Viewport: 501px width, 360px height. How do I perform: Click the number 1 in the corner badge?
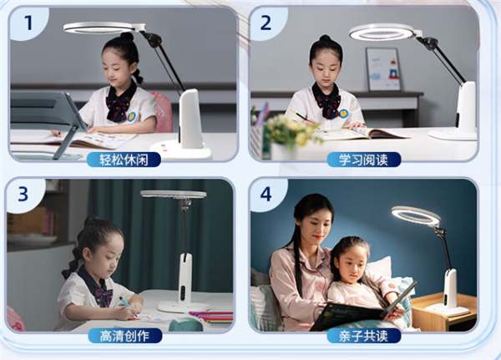click(28, 23)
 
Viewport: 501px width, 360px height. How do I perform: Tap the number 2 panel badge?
click(266, 23)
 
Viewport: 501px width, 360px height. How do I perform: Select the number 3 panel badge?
click(23, 194)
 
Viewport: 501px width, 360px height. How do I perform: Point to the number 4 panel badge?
click(266, 194)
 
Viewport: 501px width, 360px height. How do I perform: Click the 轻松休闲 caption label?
click(124, 160)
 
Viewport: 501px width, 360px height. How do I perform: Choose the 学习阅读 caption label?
click(363, 160)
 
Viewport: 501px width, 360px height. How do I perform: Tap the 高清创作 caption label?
click(125, 336)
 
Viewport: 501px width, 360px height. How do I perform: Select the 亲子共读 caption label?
click(364, 336)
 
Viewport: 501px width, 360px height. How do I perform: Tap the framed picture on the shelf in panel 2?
click(383, 69)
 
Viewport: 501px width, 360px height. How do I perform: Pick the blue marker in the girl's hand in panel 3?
click(125, 302)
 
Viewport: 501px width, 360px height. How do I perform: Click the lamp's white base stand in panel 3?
click(184, 307)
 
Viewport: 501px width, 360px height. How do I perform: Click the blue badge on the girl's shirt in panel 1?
click(131, 116)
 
